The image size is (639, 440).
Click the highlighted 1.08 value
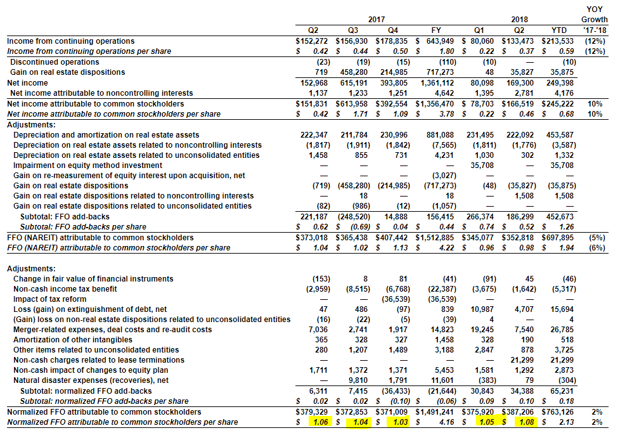527,422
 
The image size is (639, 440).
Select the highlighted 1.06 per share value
320,422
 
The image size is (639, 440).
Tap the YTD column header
558,30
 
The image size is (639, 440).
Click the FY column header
436,30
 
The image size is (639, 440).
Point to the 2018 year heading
519,20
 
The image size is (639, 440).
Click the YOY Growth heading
594,14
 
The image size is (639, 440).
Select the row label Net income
27,83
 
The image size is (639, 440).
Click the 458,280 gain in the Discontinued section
354,72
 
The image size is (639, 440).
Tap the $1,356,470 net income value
434,104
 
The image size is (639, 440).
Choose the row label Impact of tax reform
49,299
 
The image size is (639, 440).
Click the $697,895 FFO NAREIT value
557,238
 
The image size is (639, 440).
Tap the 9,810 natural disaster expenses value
358,380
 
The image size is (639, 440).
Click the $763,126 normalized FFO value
557,412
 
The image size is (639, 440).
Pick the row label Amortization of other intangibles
73,340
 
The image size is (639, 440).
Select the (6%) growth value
597,248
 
